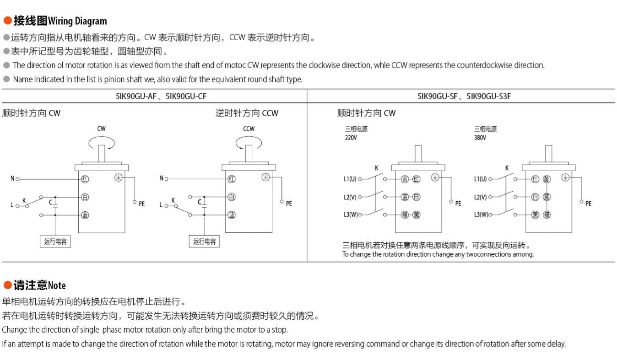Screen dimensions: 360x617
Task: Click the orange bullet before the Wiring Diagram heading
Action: [x=7, y=21]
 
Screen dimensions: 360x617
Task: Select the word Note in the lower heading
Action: [x=57, y=285]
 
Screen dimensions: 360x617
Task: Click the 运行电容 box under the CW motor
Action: [x=55, y=242]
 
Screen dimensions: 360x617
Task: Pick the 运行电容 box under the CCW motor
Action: [x=204, y=242]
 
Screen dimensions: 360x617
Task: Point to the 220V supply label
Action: [x=351, y=137]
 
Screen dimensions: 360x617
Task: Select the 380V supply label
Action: [x=480, y=137]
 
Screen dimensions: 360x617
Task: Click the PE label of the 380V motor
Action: [x=588, y=204]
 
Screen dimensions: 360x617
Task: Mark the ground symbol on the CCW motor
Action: [x=265, y=177]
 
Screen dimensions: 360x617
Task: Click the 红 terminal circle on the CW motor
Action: [x=85, y=179]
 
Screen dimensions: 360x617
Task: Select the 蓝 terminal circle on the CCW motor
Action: [x=232, y=215]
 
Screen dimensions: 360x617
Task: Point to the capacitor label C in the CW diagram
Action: [x=51, y=202]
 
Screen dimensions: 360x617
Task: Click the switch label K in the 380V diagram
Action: [x=507, y=168]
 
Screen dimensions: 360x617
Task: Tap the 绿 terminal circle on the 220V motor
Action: [x=405, y=215]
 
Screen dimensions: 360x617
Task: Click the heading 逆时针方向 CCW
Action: [x=247, y=113]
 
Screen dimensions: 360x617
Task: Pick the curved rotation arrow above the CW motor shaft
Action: [x=101, y=144]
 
